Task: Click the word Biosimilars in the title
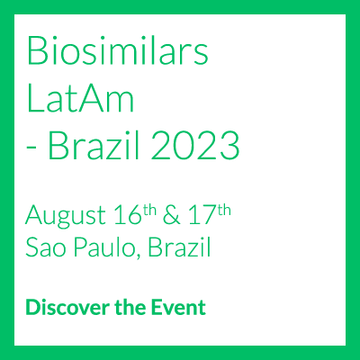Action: tap(118, 49)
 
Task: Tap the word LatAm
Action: tap(80, 97)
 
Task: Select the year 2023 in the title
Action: tap(194, 145)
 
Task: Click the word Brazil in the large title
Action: tap(94, 145)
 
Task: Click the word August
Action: tap(66, 216)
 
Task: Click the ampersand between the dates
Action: tap(172, 215)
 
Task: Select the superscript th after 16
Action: tap(149, 211)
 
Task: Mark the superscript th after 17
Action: tap(224, 211)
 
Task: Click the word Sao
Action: tap(46, 247)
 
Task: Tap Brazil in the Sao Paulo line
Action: tap(179, 247)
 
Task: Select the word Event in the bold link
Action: tap(178, 307)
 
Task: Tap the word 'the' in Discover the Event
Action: tap(130, 307)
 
